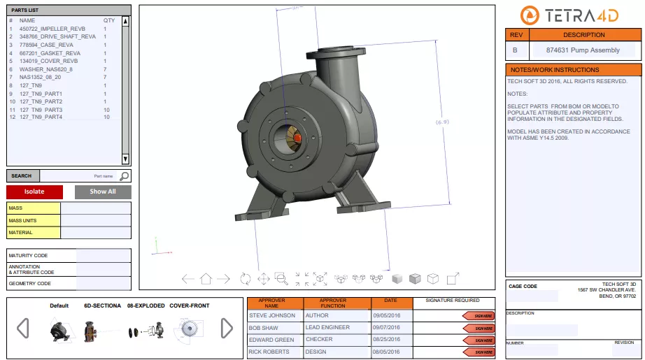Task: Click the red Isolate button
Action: click(34, 192)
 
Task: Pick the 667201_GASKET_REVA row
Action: click(50, 53)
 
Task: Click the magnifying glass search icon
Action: click(124, 176)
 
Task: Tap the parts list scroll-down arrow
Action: click(125, 159)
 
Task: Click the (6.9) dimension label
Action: click(442, 122)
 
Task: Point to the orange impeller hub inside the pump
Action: click(297, 138)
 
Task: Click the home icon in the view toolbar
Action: click(206, 278)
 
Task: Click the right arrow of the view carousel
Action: click(227, 328)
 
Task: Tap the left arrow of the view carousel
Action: click(23, 328)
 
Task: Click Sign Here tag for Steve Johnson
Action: click(479, 316)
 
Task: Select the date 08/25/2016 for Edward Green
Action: click(383, 340)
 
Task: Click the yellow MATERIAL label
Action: click(34, 233)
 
